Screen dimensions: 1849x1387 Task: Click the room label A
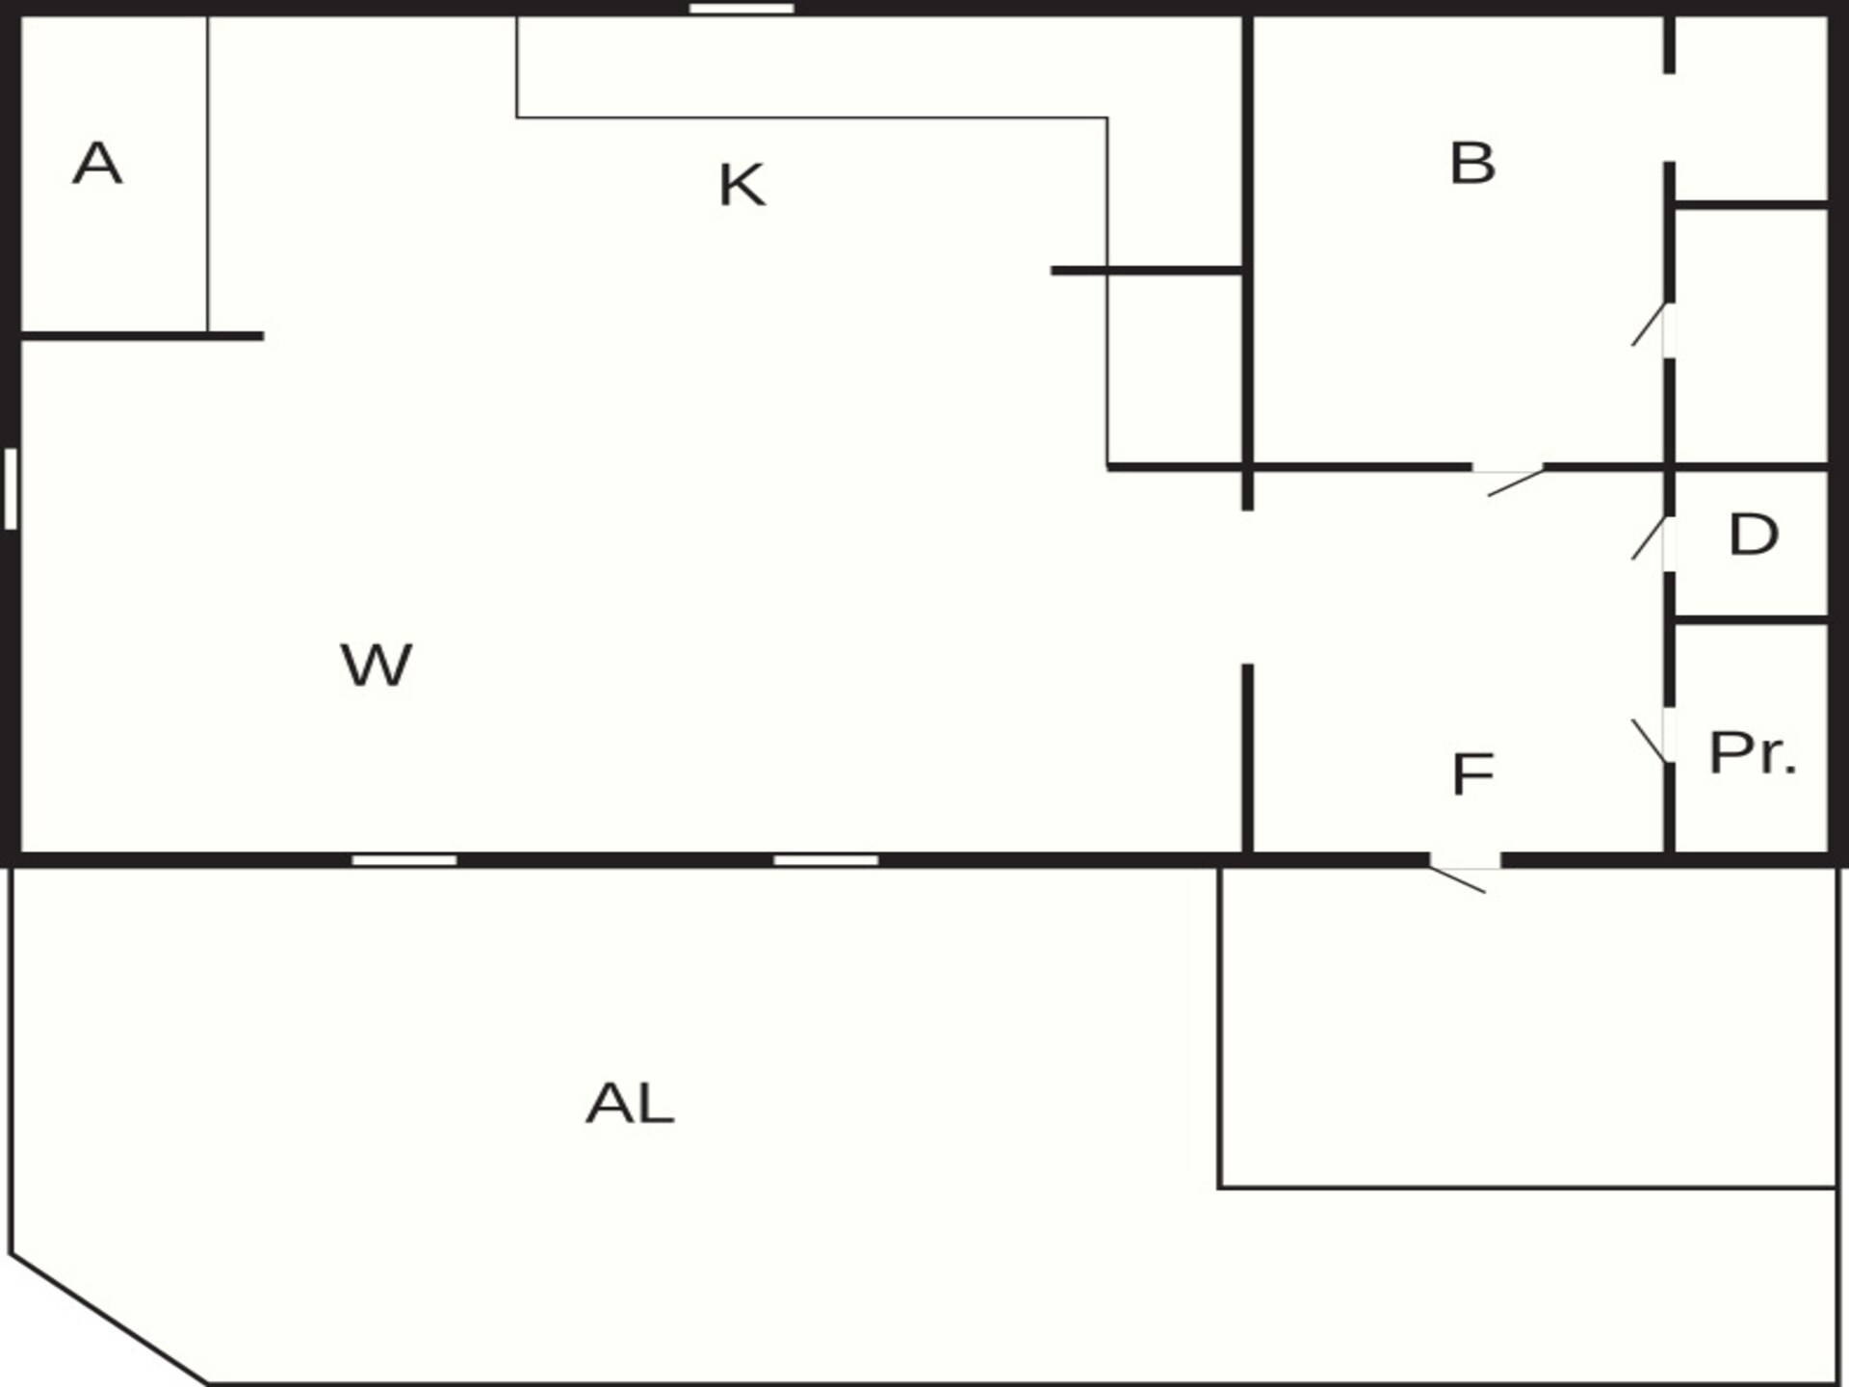97,163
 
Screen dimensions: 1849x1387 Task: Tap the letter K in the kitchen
742,185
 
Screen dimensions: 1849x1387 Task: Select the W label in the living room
377,665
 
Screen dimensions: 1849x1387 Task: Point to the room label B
1472,163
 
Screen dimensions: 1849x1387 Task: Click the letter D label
1754,535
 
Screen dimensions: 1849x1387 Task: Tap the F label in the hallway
1472,774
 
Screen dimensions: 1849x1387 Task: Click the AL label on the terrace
630,1104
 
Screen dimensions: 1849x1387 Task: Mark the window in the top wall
742,9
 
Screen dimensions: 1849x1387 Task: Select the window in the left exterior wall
11,488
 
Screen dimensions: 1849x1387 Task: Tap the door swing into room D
1651,539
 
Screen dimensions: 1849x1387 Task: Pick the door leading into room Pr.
1652,740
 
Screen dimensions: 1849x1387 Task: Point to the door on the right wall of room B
1651,326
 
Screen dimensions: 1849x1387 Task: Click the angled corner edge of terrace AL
109,1319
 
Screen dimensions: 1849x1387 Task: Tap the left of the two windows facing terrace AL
404,860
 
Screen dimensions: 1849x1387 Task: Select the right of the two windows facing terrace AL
826,860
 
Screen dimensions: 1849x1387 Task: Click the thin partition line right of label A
208,174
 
